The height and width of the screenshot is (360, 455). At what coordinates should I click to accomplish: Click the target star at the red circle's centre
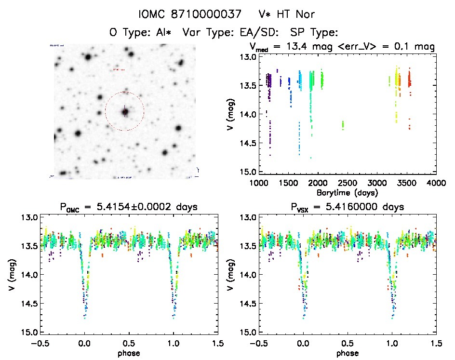coord(125,112)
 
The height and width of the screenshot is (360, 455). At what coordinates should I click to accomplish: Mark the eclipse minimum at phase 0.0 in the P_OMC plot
coord(85,317)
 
